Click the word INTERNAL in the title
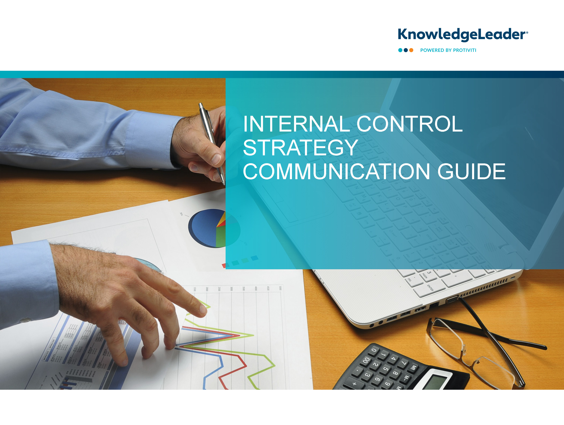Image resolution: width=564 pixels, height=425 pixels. pyautogui.click(x=296, y=124)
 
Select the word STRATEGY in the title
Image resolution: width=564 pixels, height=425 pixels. pyautogui.click(x=301, y=148)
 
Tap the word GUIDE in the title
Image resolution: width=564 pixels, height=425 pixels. pyautogui.click(x=471, y=172)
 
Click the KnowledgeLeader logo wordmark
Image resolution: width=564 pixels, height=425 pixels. pyautogui.click(x=463, y=35)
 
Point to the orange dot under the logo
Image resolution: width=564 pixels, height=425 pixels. pyautogui.click(x=411, y=50)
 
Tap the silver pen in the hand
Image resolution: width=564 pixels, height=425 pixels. pyautogui.click(x=212, y=143)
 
